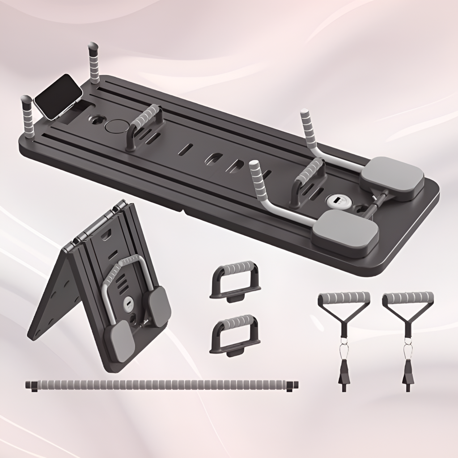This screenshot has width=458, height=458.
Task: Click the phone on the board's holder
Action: (x=58, y=97)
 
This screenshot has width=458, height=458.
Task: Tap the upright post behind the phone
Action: (x=94, y=63)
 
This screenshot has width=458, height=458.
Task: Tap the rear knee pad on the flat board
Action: (x=392, y=178)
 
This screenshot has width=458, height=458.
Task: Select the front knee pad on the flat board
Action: (x=345, y=232)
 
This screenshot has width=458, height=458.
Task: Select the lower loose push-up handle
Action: (x=235, y=334)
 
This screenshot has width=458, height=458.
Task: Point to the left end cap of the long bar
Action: (x=31, y=385)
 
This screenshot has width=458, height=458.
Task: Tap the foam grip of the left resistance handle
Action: (x=344, y=297)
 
